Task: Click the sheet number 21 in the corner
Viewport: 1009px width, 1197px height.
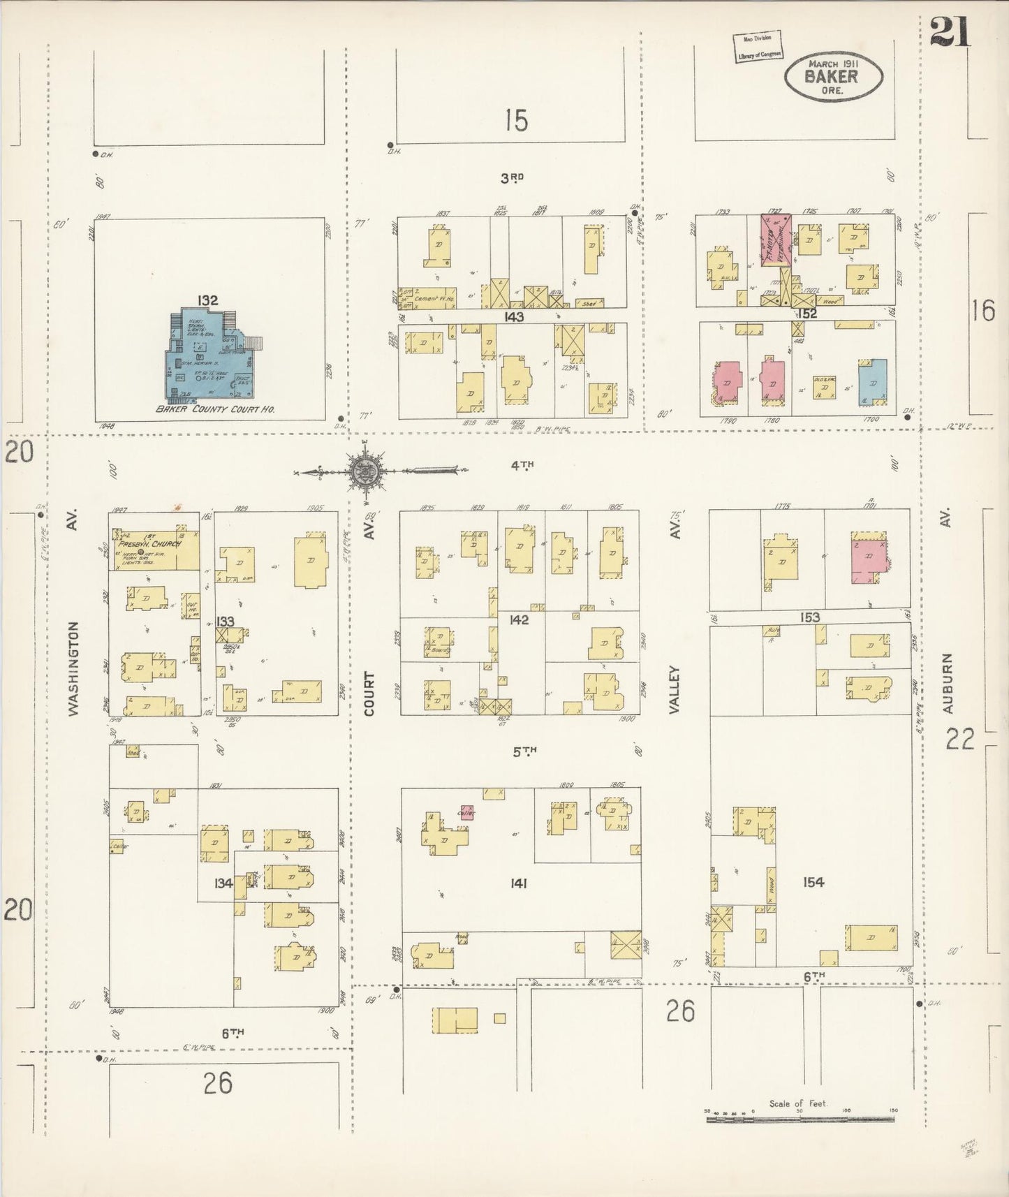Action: pos(951,31)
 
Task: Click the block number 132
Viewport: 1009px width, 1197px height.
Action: pos(207,301)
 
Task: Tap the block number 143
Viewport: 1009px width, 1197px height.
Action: pos(515,316)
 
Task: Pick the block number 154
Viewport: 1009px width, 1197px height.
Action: pos(813,882)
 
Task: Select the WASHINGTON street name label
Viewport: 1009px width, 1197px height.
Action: pos(75,668)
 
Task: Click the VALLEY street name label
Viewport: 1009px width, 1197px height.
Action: pos(674,689)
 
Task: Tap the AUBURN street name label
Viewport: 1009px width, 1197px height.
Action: pos(947,682)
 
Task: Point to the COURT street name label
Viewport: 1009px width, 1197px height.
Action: pos(369,693)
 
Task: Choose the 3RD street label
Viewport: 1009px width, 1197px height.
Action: pos(512,178)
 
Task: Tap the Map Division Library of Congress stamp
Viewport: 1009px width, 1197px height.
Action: pos(757,47)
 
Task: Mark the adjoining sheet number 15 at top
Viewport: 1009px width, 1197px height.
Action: pos(516,120)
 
